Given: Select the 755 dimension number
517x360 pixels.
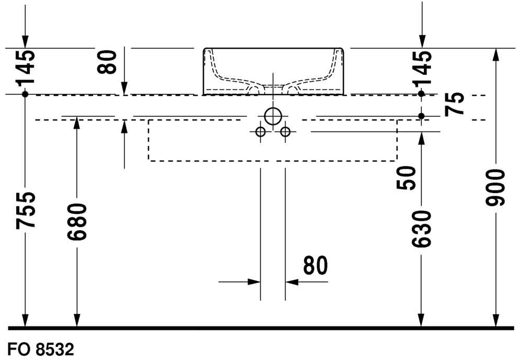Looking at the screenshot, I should click(x=26, y=210).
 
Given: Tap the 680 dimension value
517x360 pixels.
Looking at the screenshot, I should click(x=77, y=222).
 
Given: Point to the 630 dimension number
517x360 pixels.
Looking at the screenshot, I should click(x=421, y=229).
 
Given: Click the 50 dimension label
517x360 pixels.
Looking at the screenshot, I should click(x=407, y=177).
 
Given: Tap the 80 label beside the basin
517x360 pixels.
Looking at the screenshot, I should click(x=108, y=61).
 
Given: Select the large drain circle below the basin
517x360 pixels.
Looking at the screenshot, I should click(x=273, y=116).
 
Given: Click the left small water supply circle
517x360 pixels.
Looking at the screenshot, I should click(x=261, y=132).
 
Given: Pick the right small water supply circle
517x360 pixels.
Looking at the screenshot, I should click(x=285, y=132).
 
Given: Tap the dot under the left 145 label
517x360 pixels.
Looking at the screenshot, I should click(x=25, y=94).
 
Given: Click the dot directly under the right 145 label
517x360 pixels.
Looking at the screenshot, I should click(x=421, y=93).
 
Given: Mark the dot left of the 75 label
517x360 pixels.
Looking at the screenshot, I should click(x=421, y=115).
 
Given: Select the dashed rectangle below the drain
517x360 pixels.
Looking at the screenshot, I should click(x=273, y=161).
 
